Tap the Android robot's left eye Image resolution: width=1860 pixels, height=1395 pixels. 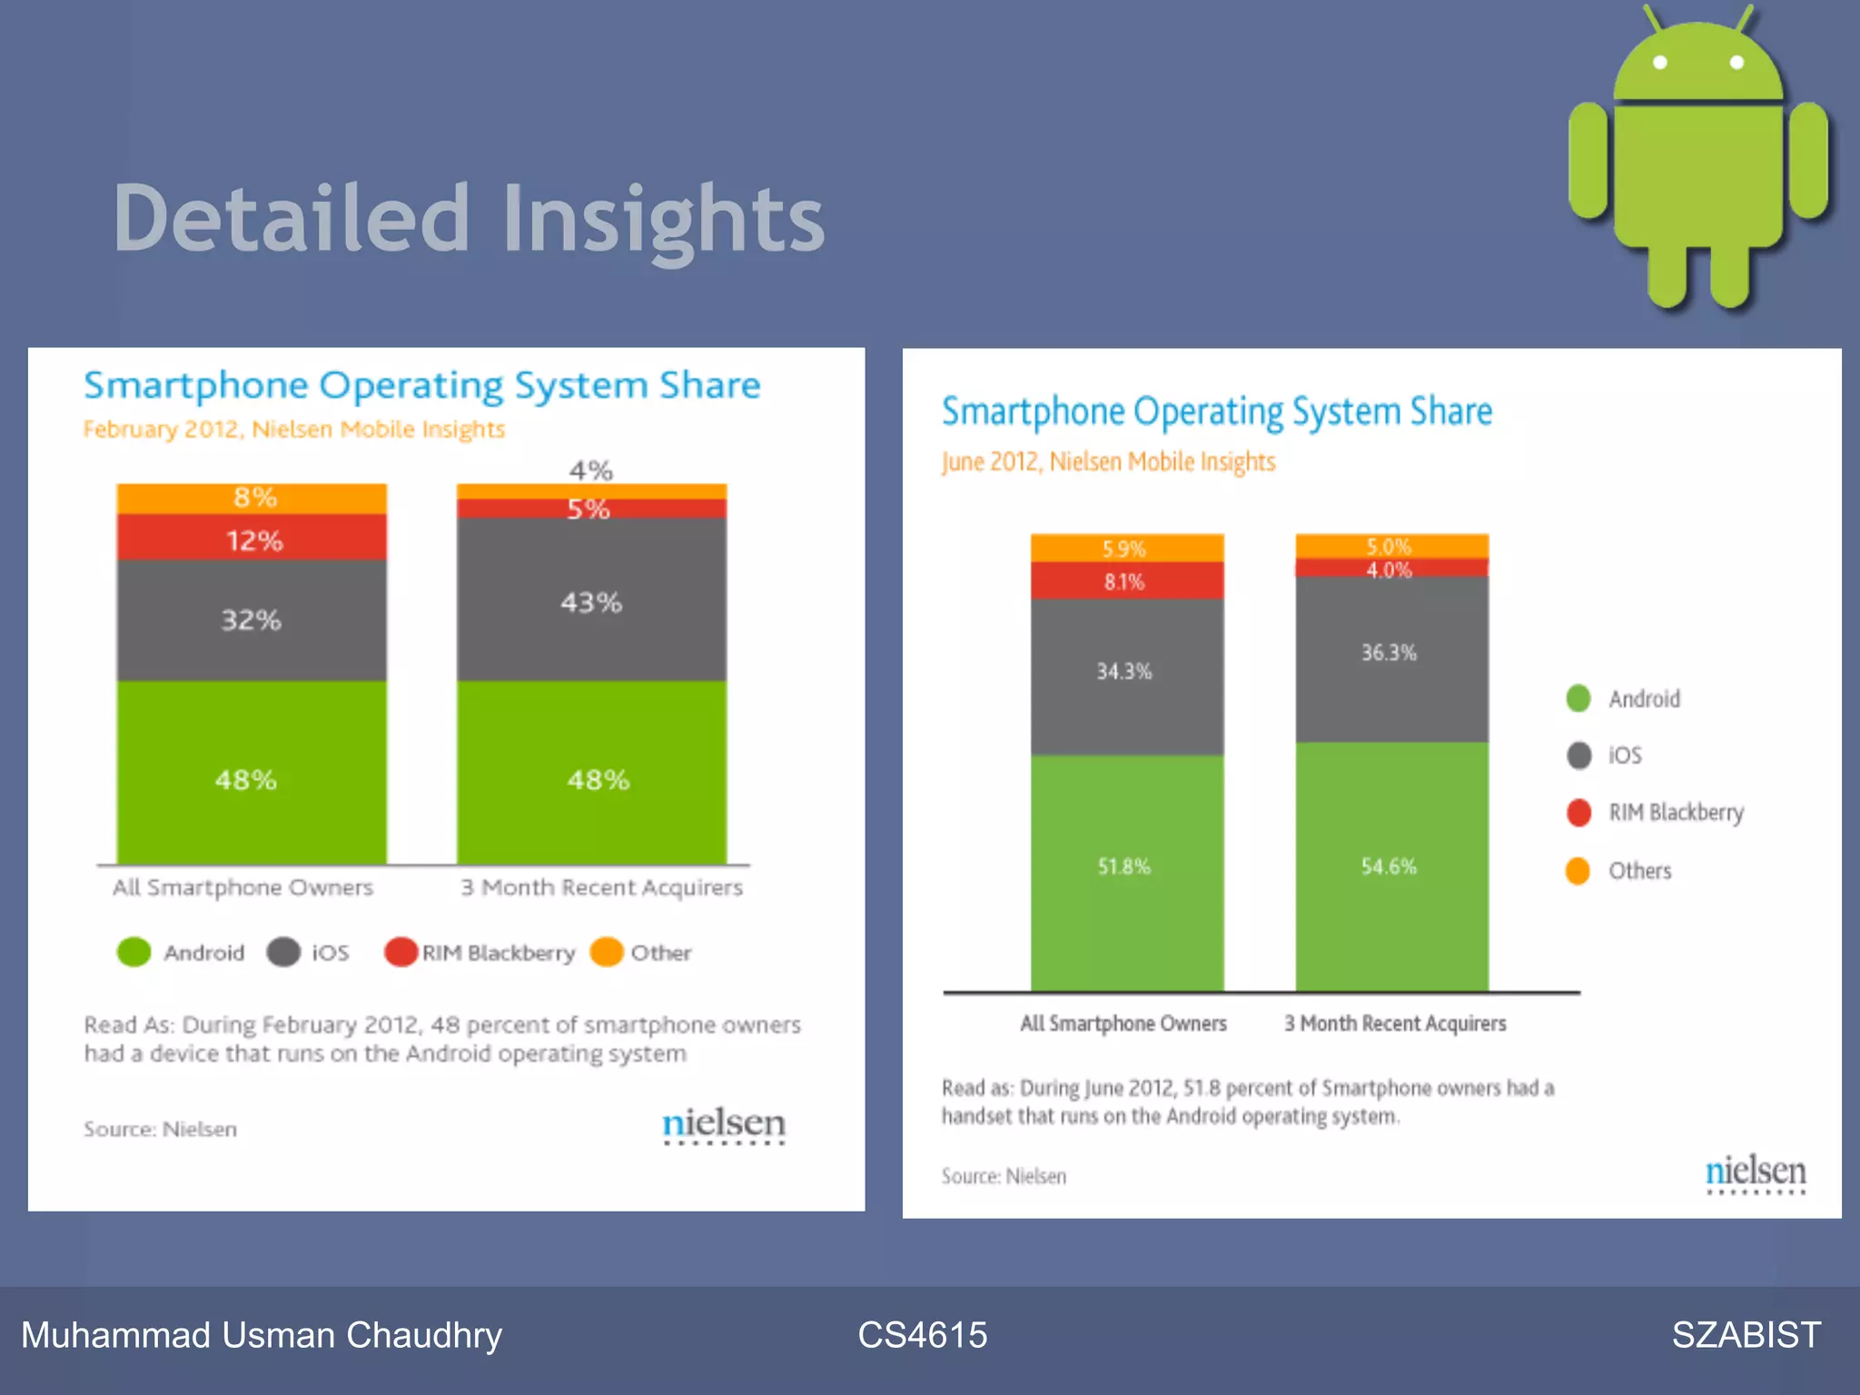pos(1660,63)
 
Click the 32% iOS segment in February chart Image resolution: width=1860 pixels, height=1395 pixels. pos(252,620)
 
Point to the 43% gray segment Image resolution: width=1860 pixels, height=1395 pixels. pos(591,601)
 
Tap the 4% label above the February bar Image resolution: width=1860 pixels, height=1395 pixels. pos(590,470)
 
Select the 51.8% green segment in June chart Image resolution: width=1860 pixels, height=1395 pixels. pos(1126,867)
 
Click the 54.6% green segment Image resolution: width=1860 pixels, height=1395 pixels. pos(1390,867)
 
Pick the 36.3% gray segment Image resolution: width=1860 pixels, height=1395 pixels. pos(1390,654)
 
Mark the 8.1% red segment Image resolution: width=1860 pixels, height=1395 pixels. pos(1126,581)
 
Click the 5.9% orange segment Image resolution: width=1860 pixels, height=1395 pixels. pos(1126,549)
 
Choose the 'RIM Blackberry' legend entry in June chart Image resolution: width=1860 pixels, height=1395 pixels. pos(1675,812)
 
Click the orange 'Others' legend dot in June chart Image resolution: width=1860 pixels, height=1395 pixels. pos(1578,870)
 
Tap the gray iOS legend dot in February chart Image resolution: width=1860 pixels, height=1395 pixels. pos(283,952)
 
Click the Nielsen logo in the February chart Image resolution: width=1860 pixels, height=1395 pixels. pos(723,1124)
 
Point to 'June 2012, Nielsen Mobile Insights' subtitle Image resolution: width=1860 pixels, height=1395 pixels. pos(1108,461)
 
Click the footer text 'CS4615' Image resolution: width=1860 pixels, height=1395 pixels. pos(922,1335)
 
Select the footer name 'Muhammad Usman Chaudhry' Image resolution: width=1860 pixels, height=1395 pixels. pos(262,1335)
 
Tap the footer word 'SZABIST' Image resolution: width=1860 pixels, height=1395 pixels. pos(1746,1335)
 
